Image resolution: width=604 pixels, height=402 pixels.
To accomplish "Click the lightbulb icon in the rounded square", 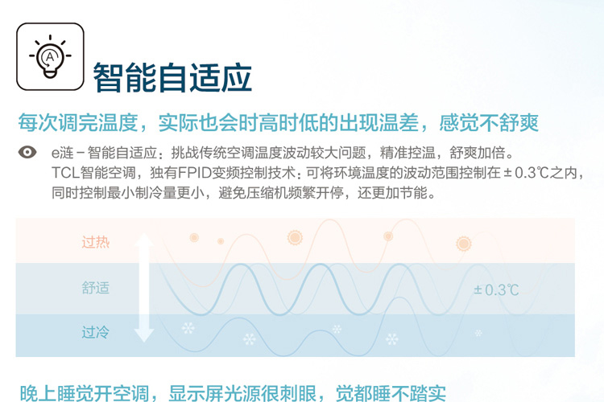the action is [x=50, y=57].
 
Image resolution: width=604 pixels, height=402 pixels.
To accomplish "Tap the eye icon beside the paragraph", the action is [x=27, y=152].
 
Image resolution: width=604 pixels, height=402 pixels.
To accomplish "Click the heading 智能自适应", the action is [x=172, y=78].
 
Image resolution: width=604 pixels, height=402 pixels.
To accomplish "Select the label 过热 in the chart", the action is [x=96, y=242].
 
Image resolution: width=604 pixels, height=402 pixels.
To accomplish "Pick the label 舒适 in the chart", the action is [x=96, y=288].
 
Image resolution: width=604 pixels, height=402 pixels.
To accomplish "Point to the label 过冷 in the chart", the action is [x=96, y=332].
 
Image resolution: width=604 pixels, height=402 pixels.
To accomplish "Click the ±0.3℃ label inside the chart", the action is [x=496, y=289].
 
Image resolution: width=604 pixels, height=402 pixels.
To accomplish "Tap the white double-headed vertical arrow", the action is [x=144, y=287].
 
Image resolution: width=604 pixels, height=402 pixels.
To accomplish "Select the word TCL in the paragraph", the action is [x=65, y=173].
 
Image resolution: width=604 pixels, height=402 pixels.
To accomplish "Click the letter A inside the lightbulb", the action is [x=50, y=57].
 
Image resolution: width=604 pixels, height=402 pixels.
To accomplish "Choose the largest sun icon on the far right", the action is [x=463, y=244].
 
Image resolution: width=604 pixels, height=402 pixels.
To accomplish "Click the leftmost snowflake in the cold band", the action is [x=188, y=328].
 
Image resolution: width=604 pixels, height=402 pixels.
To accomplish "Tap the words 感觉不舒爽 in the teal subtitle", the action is [x=489, y=123].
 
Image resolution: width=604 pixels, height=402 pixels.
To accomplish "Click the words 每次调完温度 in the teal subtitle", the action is [x=78, y=123].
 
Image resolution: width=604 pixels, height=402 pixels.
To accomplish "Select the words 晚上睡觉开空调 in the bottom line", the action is [x=84, y=393].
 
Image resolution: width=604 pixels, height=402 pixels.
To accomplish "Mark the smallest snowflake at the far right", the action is [x=478, y=333].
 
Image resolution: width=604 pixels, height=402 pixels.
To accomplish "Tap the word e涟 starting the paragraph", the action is [x=62, y=153].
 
